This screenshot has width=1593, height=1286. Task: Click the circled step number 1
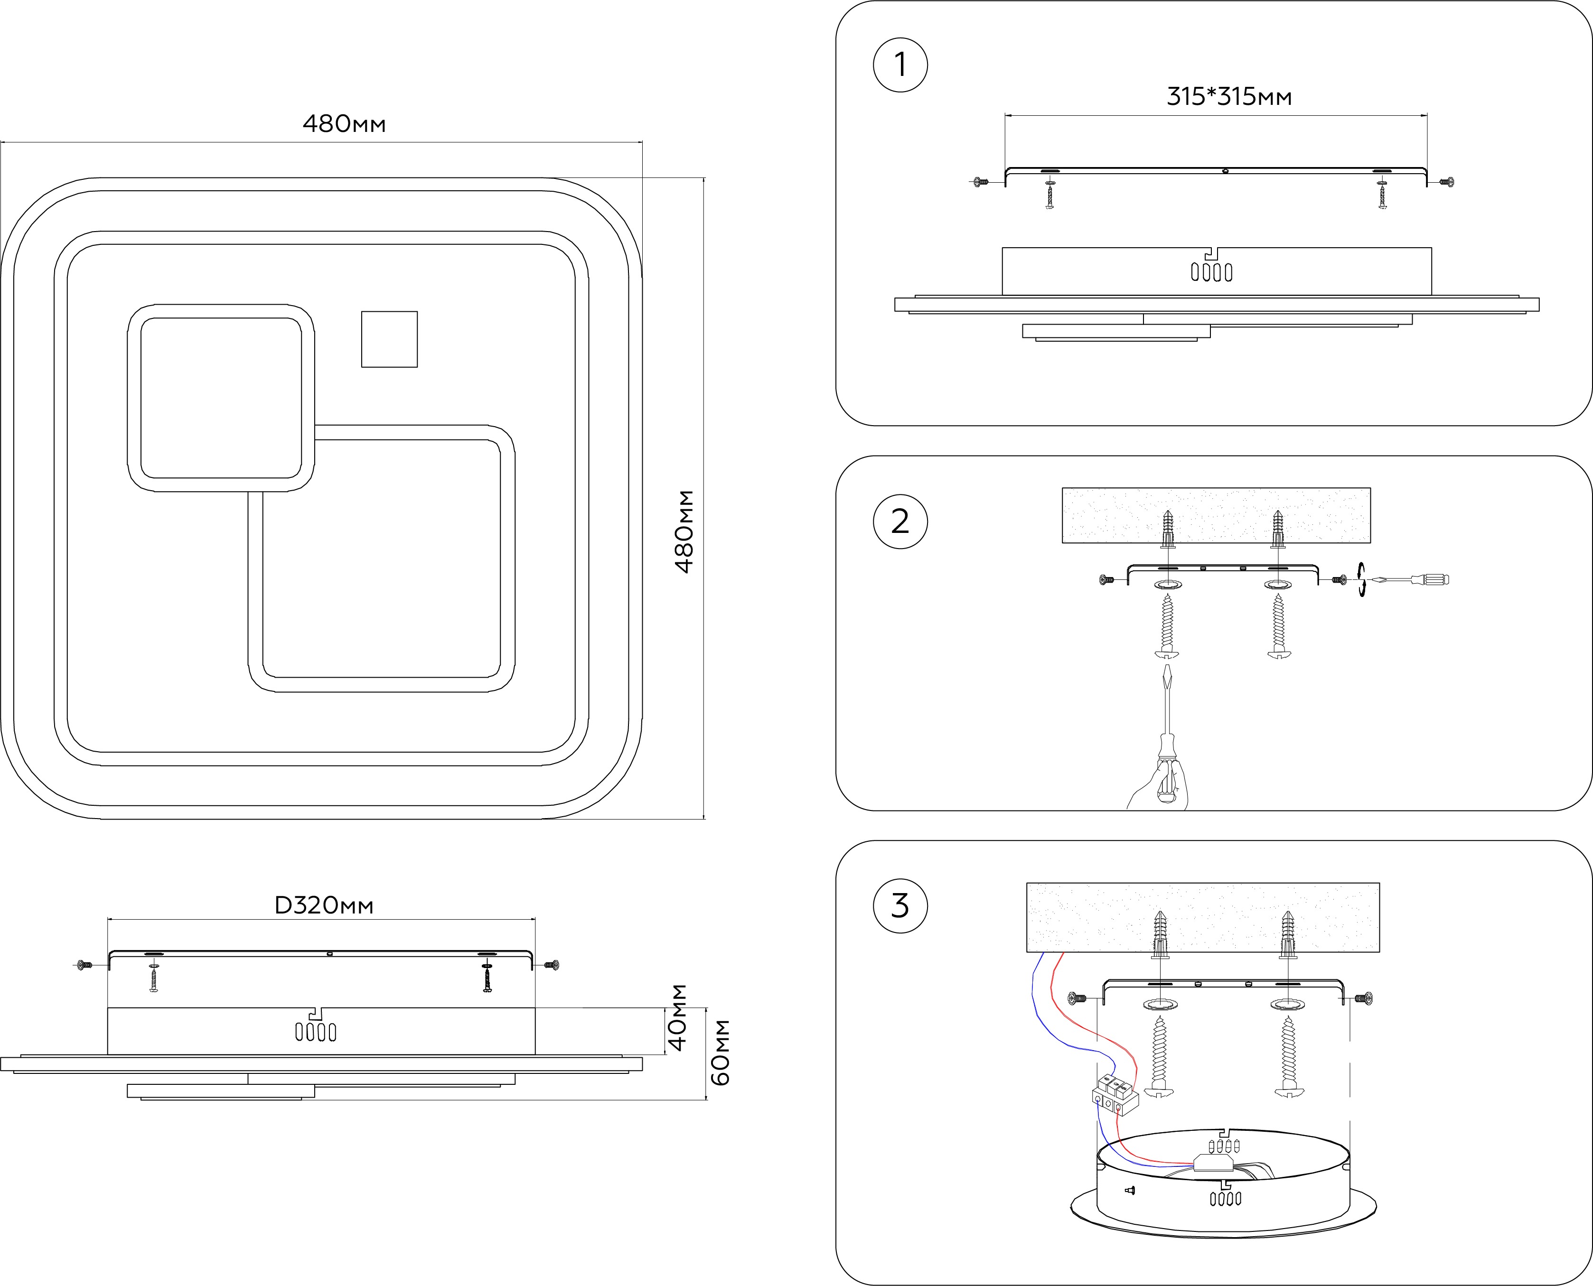[900, 65]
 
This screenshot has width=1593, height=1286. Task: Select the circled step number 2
[900, 522]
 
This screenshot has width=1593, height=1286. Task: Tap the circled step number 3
[900, 905]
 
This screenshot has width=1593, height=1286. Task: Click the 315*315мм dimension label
[1229, 97]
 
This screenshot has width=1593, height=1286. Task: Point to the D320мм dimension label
[324, 905]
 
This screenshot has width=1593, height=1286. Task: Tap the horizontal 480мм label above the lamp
[344, 124]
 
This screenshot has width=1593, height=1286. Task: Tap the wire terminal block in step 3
[1115, 1096]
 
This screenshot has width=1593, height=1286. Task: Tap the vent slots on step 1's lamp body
[1211, 272]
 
